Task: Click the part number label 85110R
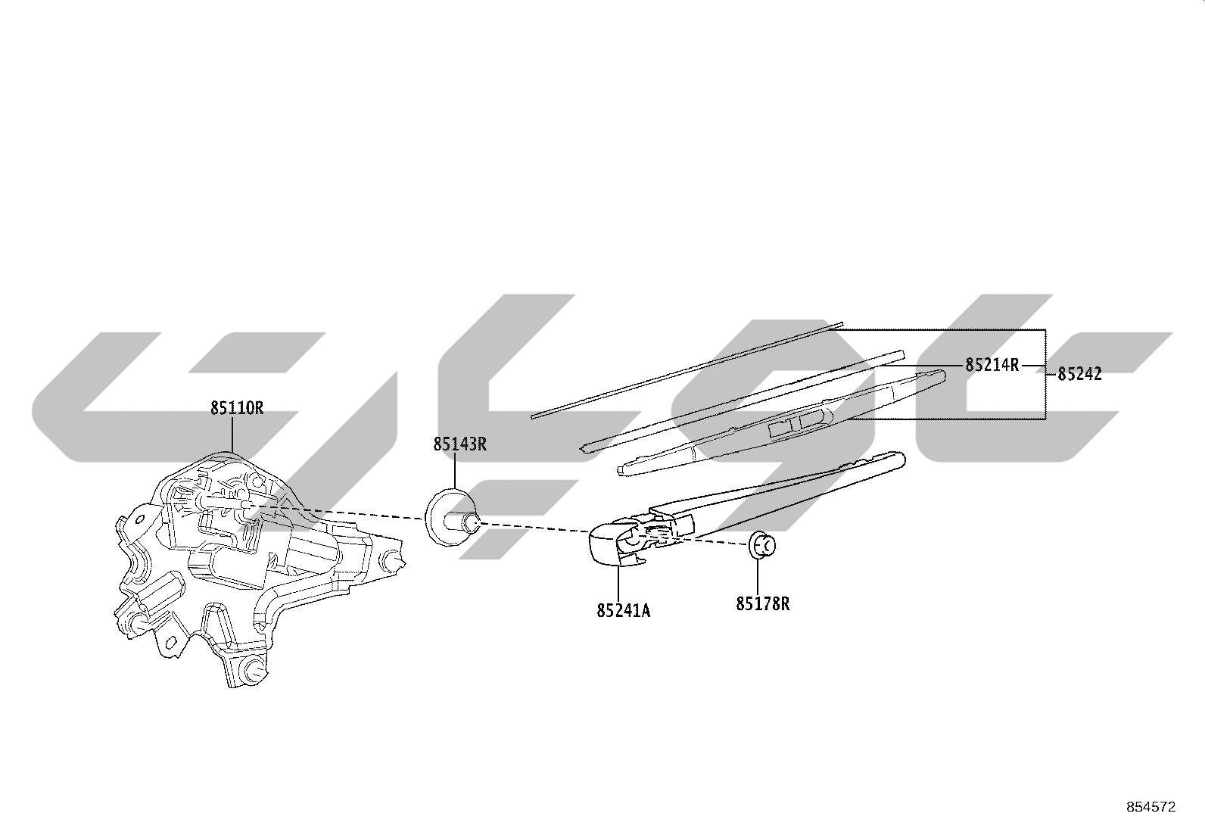pyautogui.click(x=237, y=409)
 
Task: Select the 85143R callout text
pyautogui.click(x=460, y=444)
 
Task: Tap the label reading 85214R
pyautogui.click(x=992, y=365)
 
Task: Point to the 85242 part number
pyautogui.click(x=1079, y=374)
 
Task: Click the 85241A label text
pyautogui.click(x=624, y=611)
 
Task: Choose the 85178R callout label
pyautogui.click(x=763, y=604)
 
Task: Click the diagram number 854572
pyautogui.click(x=1151, y=807)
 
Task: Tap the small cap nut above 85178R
pyautogui.click(x=761, y=545)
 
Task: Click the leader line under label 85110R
pyautogui.click(x=232, y=435)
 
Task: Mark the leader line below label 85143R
pyautogui.click(x=455, y=472)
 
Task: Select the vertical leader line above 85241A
pyautogui.click(x=618, y=584)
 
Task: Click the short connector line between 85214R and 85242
pyautogui.click(x=1033, y=366)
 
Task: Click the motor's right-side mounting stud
pyautogui.click(x=394, y=562)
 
